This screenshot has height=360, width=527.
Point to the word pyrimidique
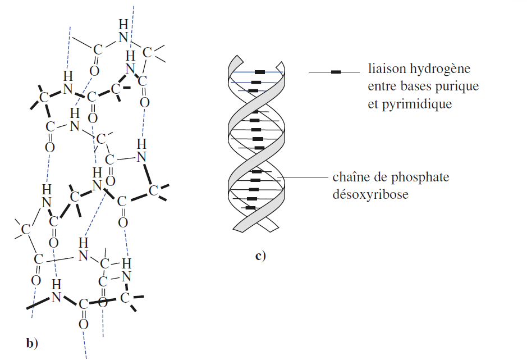coord(416,104)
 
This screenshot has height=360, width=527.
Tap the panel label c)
coord(260,257)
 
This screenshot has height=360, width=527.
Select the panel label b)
coord(32,343)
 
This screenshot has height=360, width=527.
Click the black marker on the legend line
coord(336,72)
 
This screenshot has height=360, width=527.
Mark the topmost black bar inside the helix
coord(259,72)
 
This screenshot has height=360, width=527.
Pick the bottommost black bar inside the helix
coord(251,208)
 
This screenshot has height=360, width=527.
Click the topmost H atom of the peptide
coord(123,25)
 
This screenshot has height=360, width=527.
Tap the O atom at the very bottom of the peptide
coord(83,324)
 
